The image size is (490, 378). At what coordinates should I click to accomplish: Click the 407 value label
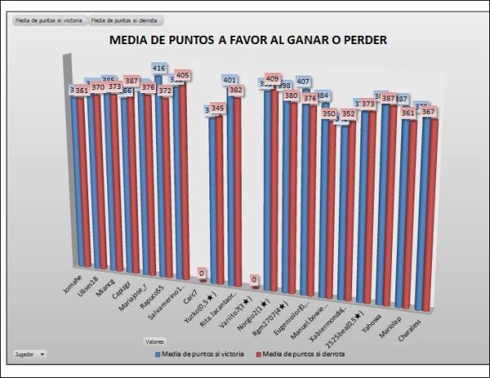pyautogui.click(x=304, y=81)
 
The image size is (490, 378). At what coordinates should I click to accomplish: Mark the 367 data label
pyautogui.click(x=429, y=111)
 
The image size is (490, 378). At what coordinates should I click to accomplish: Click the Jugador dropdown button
pyautogui.click(x=31, y=353)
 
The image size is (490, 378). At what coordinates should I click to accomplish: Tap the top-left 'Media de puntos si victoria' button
pyautogui.click(x=47, y=20)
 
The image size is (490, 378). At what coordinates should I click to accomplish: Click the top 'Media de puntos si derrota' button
pyautogui.click(x=126, y=20)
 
